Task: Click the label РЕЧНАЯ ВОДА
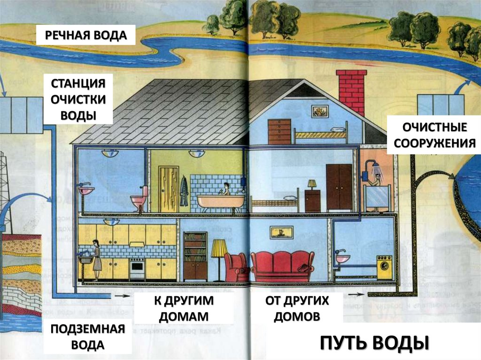click(x=86, y=35)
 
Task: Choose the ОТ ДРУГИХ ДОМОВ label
click(x=297, y=308)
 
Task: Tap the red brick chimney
click(x=351, y=91)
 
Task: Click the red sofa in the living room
click(x=282, y=266)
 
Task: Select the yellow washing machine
click(x=384, y=268)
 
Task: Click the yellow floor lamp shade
click(x=219, y=248)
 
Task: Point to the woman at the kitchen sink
click(x=96, y=260)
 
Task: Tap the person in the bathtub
click(x=226, y=189)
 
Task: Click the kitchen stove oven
click(x=137, y=269)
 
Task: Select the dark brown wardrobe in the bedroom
click(x=339, y=186)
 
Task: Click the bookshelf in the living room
click(x=195, y=256)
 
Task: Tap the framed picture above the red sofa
click(x=281, y=232)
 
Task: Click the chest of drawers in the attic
click(x=279, y=131)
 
